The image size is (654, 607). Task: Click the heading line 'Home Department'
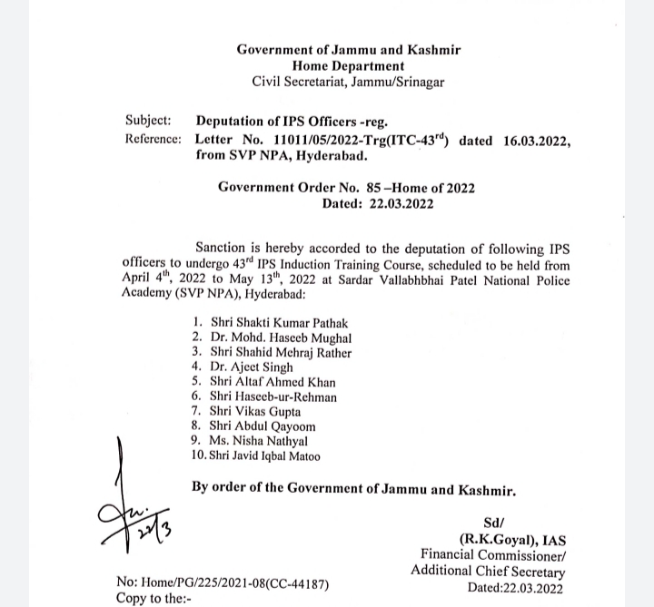pyautogui.click(x=348, y=65)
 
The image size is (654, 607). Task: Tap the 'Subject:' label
pyautogui.click(x=147, y=121)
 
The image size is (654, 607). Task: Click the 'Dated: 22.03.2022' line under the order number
pyautogui.click(x=378, y=204)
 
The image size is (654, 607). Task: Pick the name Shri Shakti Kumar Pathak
pyautogui.click(x=279, y=322)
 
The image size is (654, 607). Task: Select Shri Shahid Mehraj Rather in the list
pyautogui.click(x=281, y=352)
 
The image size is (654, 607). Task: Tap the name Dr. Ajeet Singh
pyautogui.click(x=252, y=367)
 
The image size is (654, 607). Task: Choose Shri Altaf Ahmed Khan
pyautogui.click(x=272, y=382)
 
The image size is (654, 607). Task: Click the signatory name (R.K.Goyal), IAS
pyautogui.click(x=510, y=538)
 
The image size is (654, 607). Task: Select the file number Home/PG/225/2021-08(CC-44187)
pyautogui.click(x=223, y=583)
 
